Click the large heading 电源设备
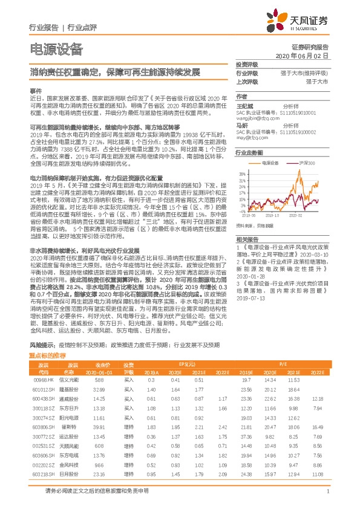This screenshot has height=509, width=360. point(56,50)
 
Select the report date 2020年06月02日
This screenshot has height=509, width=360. point(302,56)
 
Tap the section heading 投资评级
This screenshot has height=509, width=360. point(247,64)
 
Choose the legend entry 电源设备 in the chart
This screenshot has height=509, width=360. point(270,163)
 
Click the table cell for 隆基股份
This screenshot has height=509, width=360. point(72,390)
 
